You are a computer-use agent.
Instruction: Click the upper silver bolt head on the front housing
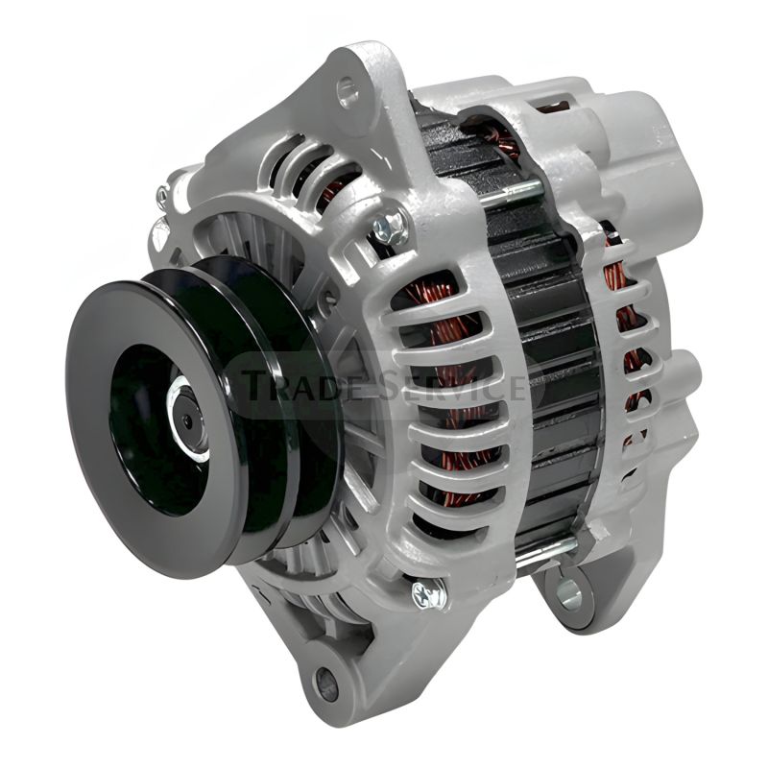pyautogui.click(x=389, y=228)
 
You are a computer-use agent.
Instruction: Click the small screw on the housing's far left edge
pyautogui.click(x=162, y=196)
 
